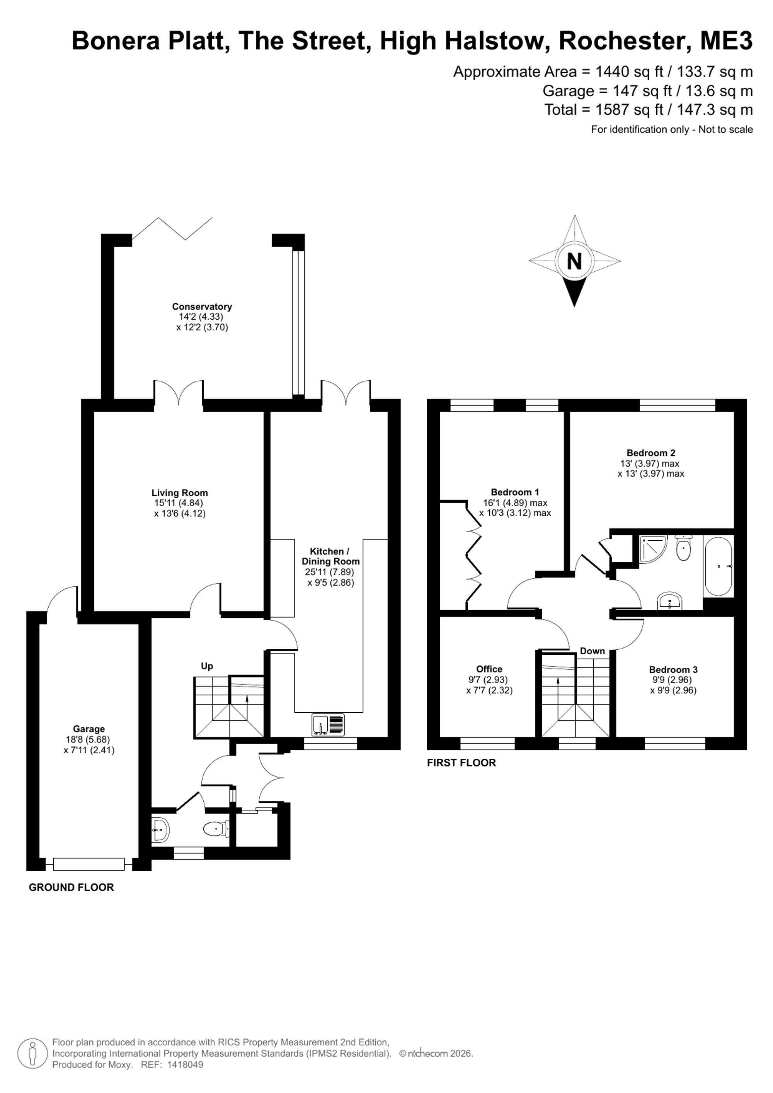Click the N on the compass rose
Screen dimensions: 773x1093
[574, 261]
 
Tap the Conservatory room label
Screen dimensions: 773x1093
[202, 306]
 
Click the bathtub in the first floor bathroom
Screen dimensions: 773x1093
[718, 567]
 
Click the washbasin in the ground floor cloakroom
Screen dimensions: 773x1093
[160, 830]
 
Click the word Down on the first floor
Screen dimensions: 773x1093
[592, 651]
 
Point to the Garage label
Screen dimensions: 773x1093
[89, 729]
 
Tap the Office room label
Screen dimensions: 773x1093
[489, 669]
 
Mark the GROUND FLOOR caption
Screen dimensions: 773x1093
[72, 887]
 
